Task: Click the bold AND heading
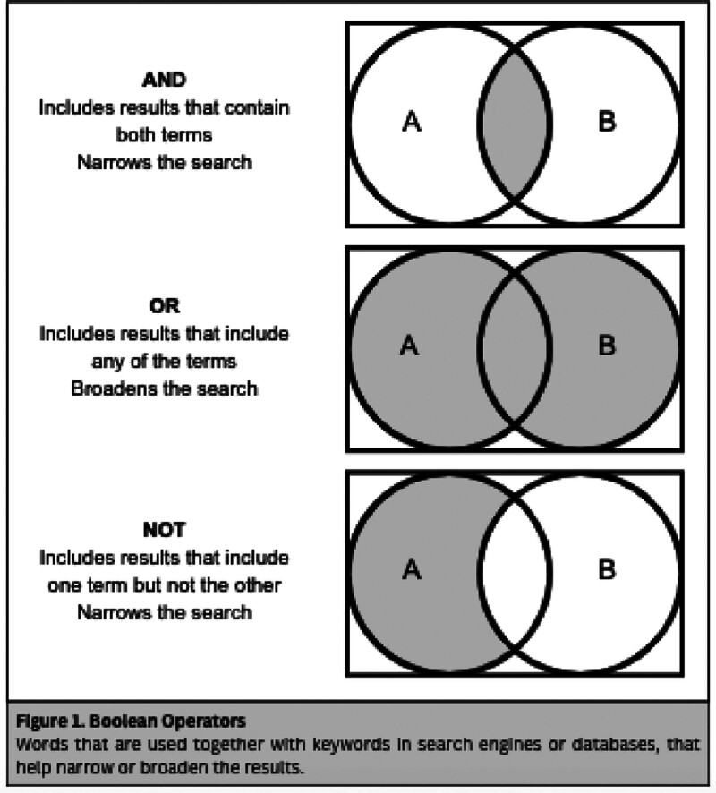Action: (165, 79)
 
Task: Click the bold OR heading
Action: (165, 305)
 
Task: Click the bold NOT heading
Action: (165, 529)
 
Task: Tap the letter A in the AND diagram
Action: (412, 123)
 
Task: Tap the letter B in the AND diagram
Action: (606, 123)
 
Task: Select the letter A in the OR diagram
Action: (410, 345)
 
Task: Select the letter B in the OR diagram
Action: (606, 345)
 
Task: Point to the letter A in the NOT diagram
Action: (410, 568)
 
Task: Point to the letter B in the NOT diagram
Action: (606, 568)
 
